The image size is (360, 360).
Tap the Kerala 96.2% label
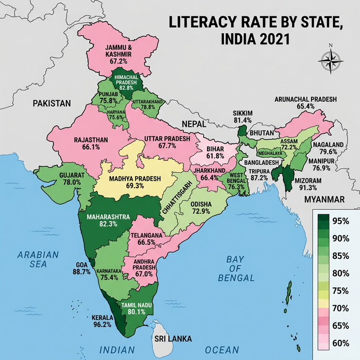101,321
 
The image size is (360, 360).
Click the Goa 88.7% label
82,268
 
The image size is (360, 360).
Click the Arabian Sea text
38,259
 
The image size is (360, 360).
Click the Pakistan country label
52,103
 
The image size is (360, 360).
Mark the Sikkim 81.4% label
242,116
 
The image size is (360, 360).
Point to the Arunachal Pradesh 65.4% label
305,102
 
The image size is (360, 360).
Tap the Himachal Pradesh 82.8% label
126,81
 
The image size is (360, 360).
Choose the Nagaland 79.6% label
330,147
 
